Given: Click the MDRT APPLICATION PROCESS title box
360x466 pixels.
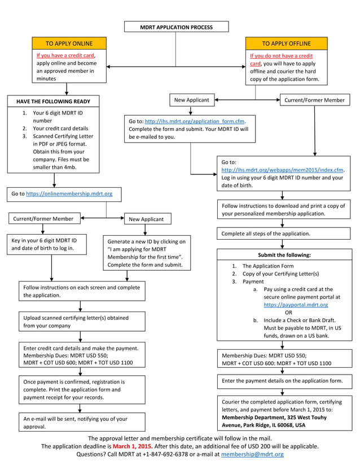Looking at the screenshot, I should point(176,27).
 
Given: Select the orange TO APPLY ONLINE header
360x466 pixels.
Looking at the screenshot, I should point(69,43).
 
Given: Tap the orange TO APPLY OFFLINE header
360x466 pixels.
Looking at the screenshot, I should point(286,43).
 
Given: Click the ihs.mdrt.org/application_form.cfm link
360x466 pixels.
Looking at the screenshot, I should point(195,121).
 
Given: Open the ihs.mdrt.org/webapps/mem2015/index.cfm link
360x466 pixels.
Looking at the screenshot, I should point(282,170).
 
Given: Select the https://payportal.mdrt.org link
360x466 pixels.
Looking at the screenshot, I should point(296,305).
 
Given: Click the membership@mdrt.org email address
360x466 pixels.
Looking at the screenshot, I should point(252,454).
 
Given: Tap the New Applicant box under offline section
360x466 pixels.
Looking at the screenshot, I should point(191,100).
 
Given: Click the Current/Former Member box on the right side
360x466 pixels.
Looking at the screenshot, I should point(314,100).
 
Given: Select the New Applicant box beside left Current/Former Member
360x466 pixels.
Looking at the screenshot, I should point(146,219).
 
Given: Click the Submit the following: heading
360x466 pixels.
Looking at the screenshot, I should point(284,255).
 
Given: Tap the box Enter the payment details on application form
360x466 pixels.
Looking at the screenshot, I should point(282,381).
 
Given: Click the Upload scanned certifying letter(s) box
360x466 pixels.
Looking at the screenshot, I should point(81,322).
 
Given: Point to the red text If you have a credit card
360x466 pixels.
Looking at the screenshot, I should point(65,56).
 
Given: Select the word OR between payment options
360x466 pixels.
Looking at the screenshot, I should point(288,312).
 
